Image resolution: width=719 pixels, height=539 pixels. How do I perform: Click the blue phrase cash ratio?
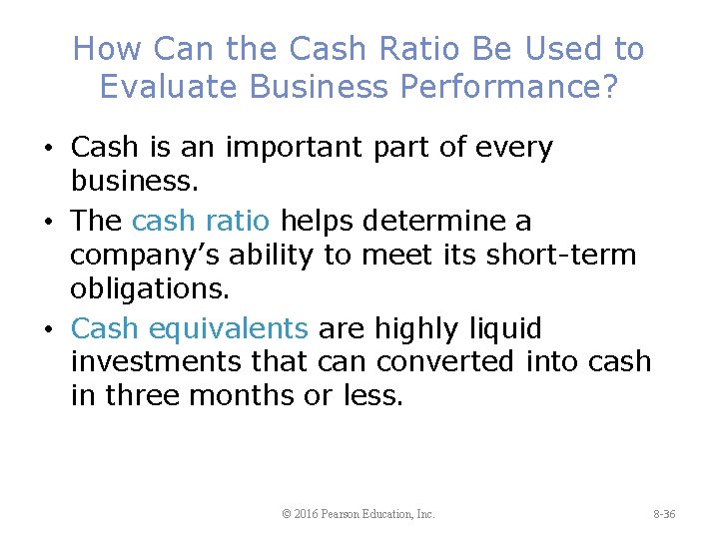(205, 220)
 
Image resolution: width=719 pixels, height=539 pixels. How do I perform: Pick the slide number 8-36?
(664, 514)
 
